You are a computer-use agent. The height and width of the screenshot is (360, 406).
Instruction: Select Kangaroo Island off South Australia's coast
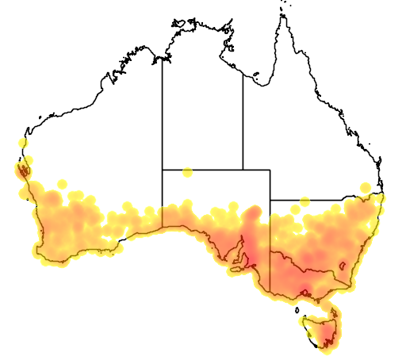point(235,270)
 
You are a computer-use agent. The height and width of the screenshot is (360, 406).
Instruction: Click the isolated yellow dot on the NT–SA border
point(187,172)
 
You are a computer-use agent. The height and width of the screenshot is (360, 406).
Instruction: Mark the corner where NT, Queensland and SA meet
point(243,169)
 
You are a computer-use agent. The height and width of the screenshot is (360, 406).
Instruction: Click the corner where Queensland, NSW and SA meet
point(270,200)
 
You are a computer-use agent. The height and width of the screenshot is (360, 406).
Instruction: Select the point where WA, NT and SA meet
point(163,169)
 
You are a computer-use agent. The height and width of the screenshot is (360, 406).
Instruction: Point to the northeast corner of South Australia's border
point(270,169)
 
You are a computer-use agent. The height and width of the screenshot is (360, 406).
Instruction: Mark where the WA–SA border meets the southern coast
point(163,228)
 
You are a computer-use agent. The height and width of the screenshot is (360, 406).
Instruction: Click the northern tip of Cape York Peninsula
point(280,15)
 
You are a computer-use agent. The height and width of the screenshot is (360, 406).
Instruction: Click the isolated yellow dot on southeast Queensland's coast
point(366,187)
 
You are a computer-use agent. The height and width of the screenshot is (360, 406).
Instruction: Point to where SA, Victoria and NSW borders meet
point(270,251)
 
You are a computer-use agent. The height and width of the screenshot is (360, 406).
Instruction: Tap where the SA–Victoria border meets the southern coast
point(270,295)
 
